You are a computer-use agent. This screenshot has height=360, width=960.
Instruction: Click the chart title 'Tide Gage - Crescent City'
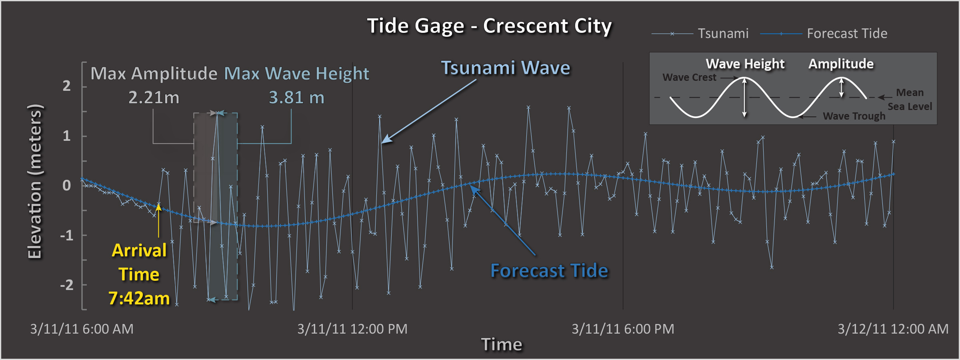click(489, 26)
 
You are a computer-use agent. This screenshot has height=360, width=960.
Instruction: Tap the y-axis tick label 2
click(66, 86)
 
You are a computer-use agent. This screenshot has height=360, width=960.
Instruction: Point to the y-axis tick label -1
click(66, 235)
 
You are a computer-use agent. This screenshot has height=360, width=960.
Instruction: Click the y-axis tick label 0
click(66, 186)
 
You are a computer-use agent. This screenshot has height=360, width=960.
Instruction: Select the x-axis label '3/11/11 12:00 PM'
click(352, 329)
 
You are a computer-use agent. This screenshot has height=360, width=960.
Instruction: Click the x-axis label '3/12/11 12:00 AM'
click(893, 329)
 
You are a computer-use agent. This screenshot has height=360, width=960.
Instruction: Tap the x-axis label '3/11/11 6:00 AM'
click(82, 329)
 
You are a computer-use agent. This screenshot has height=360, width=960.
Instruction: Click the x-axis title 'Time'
click(502, 344)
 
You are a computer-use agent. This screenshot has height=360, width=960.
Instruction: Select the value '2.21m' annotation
click(154, 98)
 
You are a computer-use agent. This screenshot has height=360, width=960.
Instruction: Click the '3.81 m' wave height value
click(296, 98)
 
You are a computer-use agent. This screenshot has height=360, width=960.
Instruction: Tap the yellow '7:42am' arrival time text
click(139, 298)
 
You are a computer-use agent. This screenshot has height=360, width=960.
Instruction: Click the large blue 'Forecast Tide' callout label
click(549, 271)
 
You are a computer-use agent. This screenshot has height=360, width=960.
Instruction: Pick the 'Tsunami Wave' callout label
click(506, 68)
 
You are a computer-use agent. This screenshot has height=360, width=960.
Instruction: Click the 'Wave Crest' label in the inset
click(689, 78)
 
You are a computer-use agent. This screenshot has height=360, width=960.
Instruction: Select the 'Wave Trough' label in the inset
click(854, 116)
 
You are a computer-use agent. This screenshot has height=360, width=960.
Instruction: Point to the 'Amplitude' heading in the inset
click(841, 64)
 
